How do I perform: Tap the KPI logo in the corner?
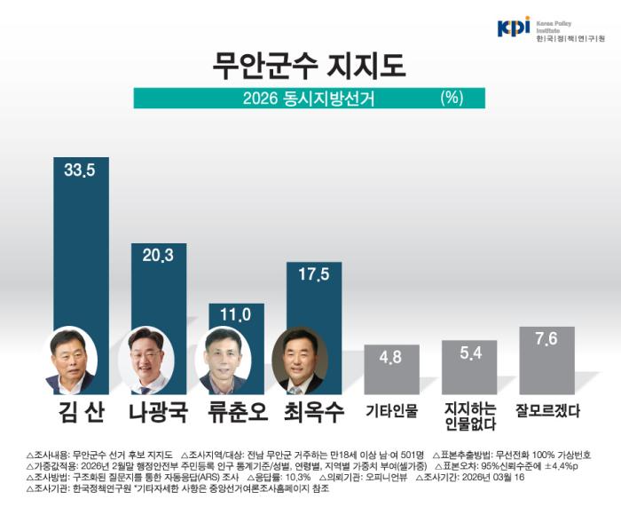[514, 28]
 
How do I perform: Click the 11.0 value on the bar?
[235, 314]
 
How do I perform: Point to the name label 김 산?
[81, 411]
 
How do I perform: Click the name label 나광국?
[158, 411]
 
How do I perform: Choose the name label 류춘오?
[235, 411]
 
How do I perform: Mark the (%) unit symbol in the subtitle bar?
[452, 98]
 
